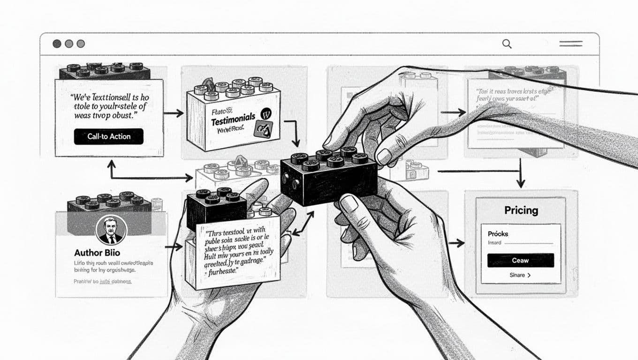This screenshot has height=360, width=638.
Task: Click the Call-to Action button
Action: [x=108, y=136]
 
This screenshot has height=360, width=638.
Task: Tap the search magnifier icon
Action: [x=507, y=44]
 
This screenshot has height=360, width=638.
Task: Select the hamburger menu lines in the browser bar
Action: [x=571, y=44]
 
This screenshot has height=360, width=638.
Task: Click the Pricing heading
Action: [x=521, y=210]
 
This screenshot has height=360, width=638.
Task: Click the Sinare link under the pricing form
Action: [x=520, y=275]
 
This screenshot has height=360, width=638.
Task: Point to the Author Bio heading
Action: [x=97, y=253]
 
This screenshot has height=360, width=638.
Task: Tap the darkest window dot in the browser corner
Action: [x=57, y=44]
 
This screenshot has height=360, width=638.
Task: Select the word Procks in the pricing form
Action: [x=498, y=233]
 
